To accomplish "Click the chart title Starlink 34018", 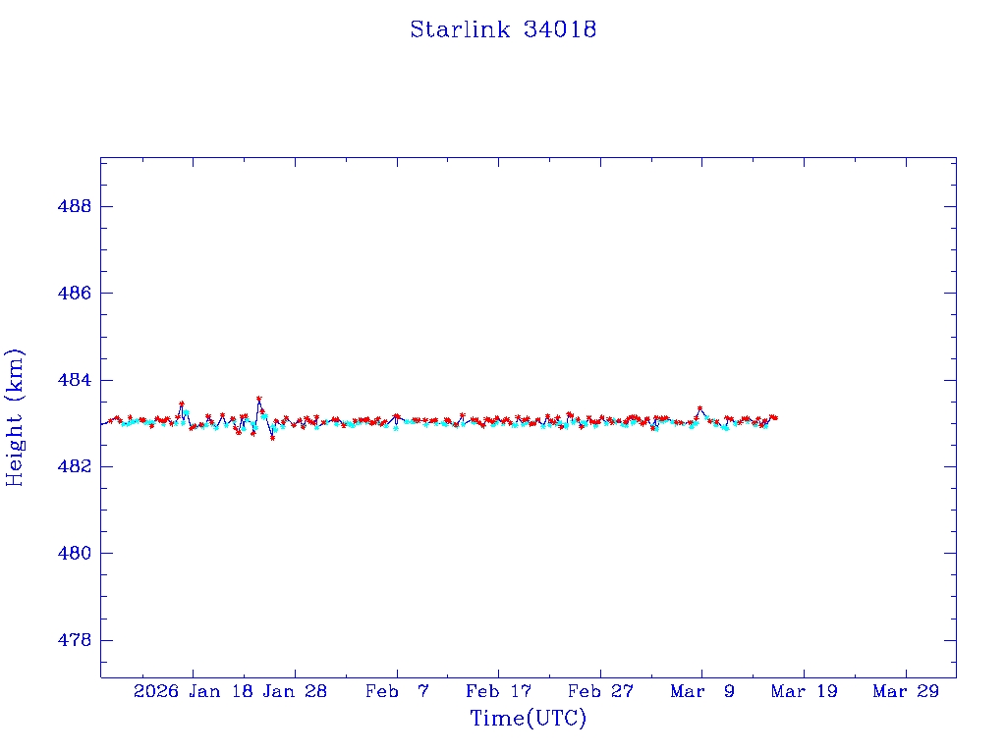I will [x=503, y=29].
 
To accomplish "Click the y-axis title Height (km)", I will [x=15, y=417].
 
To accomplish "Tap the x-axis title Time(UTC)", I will [x=528, y=719].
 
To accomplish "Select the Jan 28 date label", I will [x=295, y=691].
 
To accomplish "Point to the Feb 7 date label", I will [x=397, y=691].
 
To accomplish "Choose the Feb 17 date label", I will [x=498, y=691].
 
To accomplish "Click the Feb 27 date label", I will [x=600, y=691].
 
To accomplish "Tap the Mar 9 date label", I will [x=701, y=691].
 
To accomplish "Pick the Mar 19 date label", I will [x=804, y=691].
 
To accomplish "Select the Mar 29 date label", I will [x=906, y=691].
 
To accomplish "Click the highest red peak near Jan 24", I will [x=258, y=399].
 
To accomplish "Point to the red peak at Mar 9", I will [x=699, y=407].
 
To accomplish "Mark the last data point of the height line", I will [x=775, y=417].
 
